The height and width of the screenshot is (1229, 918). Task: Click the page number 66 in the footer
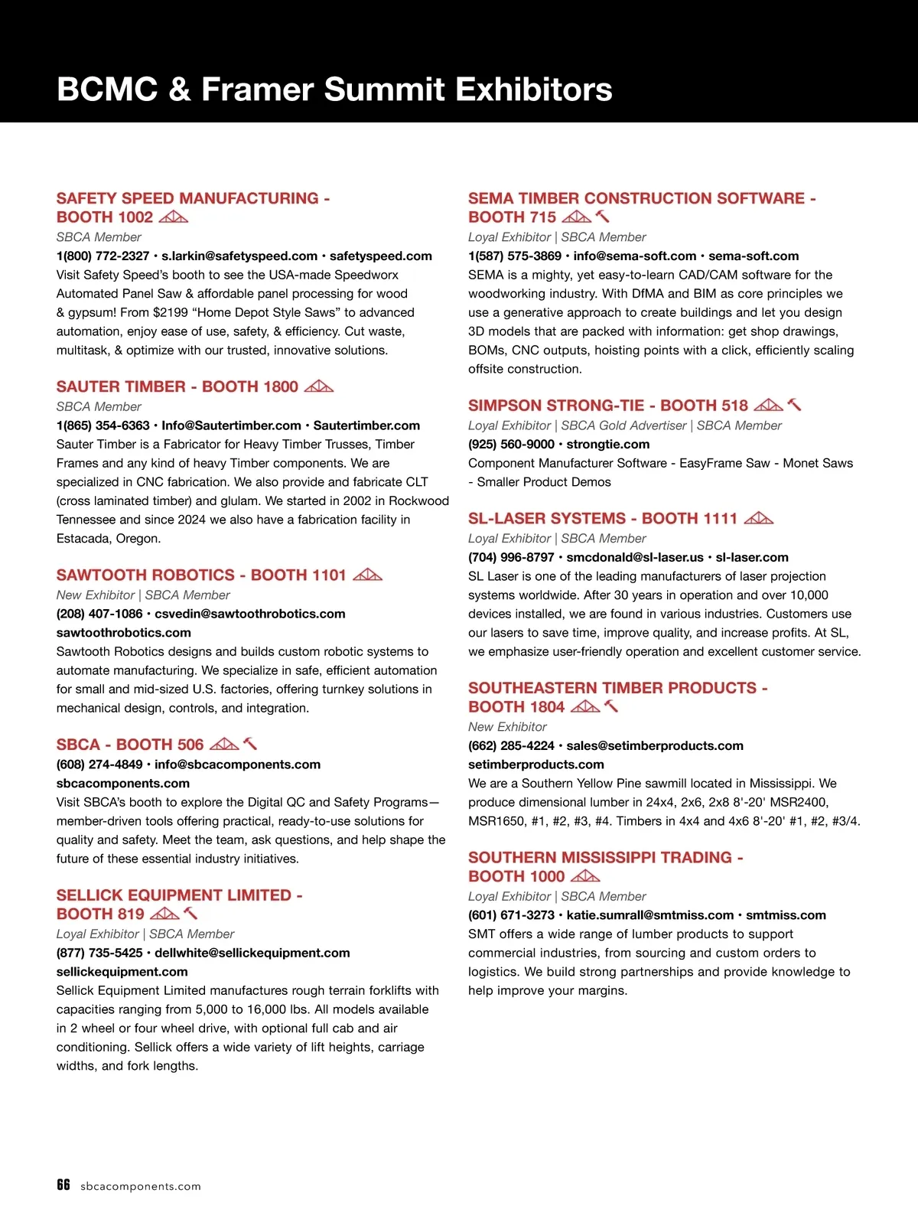tap(63, 1185)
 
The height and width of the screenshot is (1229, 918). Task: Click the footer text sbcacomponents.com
tap(141, 1186)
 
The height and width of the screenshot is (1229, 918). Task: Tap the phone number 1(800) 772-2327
tap(103, 256)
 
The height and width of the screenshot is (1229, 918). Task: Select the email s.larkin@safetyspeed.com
tap(239, 256)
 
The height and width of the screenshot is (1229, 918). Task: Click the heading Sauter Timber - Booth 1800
tap(177, 387)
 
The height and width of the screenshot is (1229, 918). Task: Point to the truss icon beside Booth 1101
tap(368, 575)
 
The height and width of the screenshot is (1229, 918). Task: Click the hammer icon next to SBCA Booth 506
tap(250, 744)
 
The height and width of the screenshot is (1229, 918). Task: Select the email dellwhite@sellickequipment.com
tap(252, 954)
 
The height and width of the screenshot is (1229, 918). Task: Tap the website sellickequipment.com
tap(122, 972)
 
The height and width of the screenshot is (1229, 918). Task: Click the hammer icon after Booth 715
tap(603, 217)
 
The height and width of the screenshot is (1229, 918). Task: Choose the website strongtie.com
tap(608, 445)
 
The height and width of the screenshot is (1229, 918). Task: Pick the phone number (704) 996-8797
tap(511, 558)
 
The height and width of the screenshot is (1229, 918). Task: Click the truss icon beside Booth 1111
tap(759, 518)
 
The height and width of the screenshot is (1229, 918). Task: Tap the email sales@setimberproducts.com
tap(655, 746)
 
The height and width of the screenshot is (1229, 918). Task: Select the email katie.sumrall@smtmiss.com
tap(650, 915)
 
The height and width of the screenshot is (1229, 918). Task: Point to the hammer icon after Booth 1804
tap(611, 706)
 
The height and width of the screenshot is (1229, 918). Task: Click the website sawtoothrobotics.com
tap(124, 633)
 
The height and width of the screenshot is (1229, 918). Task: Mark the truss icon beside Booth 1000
tap(586, 876)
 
